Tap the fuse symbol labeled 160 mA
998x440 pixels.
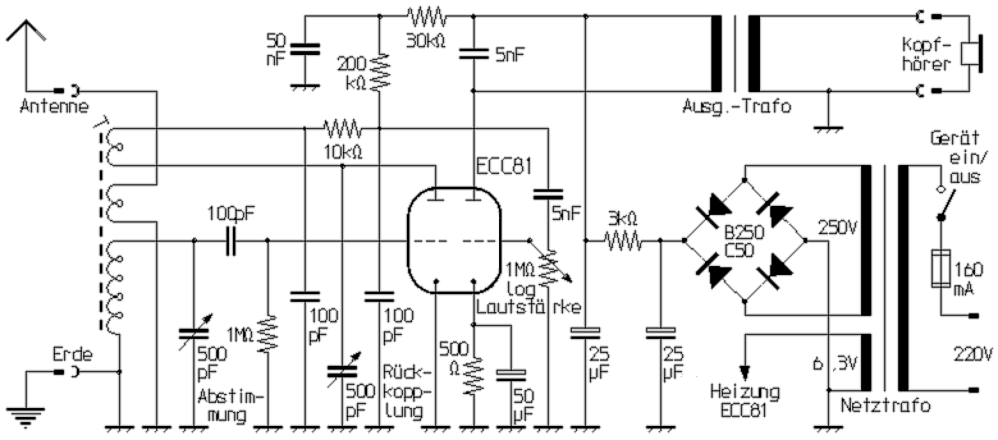tap(940, 269)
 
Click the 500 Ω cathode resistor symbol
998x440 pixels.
tap(473, 374)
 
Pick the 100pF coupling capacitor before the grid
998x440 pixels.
tap(231, 241)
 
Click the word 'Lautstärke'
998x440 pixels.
tap(528, 308)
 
